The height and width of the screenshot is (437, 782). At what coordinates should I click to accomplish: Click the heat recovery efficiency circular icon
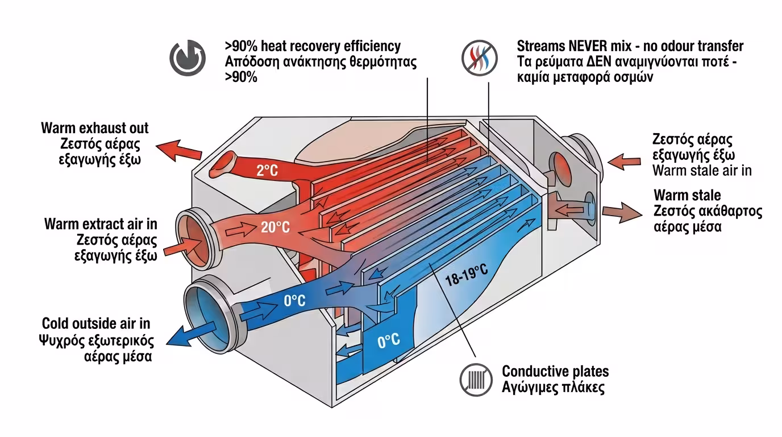click(x=188, y=57)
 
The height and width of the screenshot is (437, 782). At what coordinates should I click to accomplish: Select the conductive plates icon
click(x=476, y=378)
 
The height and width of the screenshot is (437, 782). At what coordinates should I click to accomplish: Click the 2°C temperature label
click(x=267, y=170)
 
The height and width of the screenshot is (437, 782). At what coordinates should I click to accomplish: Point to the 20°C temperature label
click(x=276, y=228)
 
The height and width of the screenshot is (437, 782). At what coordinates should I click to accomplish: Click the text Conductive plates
click(x=555, y=372)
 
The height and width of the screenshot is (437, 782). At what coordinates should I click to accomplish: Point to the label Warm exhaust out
click(x=95, y=127)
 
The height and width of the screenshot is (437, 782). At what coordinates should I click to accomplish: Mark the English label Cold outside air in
click(x=96, y=324)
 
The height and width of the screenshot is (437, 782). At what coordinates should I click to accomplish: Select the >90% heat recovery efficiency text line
click(x=313, y=46)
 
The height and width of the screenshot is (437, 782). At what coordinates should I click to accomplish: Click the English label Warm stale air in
click(x=702, y=171)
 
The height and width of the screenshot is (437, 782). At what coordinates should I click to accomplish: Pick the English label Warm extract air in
click(x=101, y=224)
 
